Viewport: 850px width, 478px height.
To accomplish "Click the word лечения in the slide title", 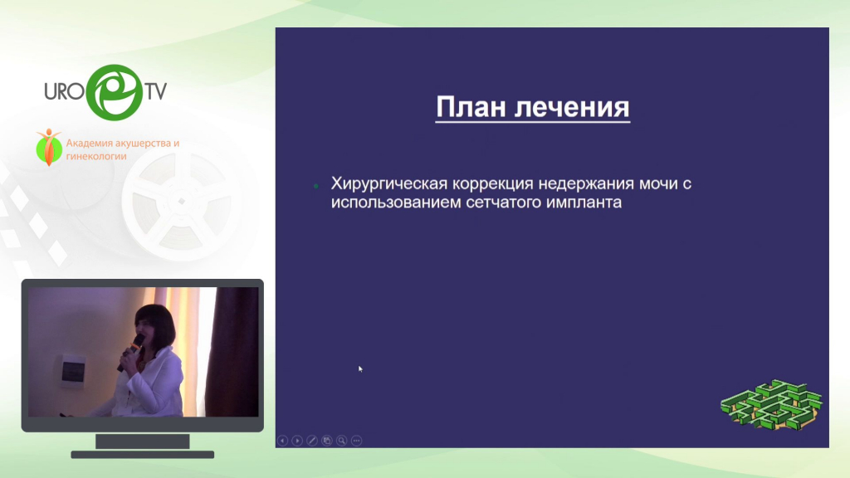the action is pyautogui.click(x=572, y=107).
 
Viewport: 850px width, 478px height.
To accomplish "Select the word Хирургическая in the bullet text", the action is pyautogui.click(x=389, y=184).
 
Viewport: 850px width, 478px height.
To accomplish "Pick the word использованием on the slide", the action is pyautogui.click(x=393, y=202).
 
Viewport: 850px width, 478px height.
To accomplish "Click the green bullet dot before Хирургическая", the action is pyautogui.click(x=316, y=186).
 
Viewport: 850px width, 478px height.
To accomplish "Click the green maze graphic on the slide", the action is pyautogui.click(x=771, y=404).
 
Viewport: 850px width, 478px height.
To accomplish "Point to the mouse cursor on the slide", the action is pyautogui.click(x=360, y=369).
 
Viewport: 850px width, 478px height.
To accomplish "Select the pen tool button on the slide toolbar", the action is pyautogui.click(x=312, y=441).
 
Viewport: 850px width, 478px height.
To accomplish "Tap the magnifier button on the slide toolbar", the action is pyautogui.click(x=341, y=441).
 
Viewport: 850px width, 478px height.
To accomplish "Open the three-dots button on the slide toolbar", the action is pyautogui.click(x=356, y=441).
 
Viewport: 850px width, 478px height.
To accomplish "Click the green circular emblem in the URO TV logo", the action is pyautogui.click(x=115, y=92).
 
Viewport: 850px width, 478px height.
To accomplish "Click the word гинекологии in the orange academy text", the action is pyautogui.click(x=96, y=157).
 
